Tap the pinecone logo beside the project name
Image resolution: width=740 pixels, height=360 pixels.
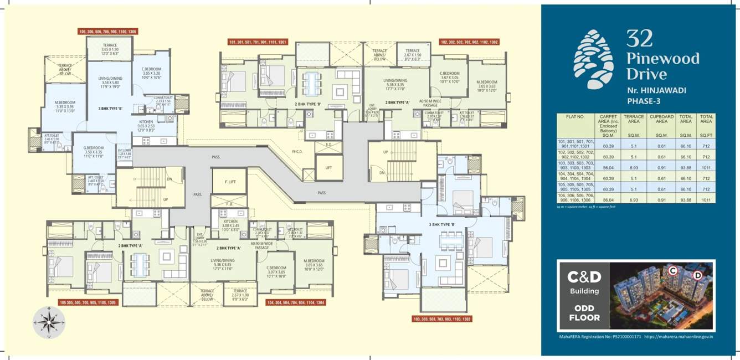click(593, 59)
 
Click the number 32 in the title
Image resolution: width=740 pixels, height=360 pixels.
click(639, 39)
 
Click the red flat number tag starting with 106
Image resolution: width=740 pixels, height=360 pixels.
click(109, 32)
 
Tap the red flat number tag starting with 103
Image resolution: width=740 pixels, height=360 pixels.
click(442, 319)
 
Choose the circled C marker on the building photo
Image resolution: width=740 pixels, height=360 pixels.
click(672, 270)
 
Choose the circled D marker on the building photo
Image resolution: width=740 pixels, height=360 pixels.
click(697, 275)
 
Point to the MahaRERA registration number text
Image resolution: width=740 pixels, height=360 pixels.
click(598, 336)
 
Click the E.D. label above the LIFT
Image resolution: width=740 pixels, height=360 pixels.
click(329, 145)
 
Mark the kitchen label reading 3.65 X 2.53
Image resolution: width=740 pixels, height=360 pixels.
click(146, 125)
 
